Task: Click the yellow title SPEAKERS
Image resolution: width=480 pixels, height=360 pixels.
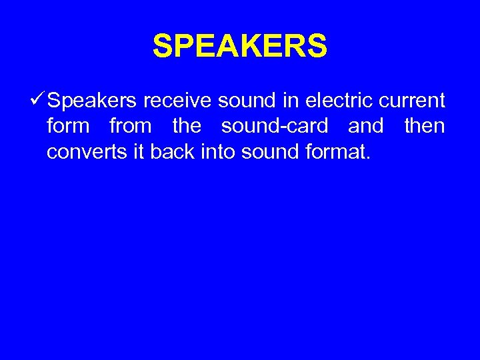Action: pyautogui.click(x=240, y=47)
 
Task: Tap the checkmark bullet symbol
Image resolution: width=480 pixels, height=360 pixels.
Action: pyautogui.click(x=38, y=101)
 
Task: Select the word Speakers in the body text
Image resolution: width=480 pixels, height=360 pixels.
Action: pyautogui.click(x=93, y=101)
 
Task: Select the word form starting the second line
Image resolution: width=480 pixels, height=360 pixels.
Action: pyautogui.click(x=68, y=126)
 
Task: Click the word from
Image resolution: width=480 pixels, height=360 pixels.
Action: pyautogui.click(x=130, y=126)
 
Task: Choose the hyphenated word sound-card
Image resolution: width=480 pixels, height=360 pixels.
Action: pyautogui.click(x=275, y=126)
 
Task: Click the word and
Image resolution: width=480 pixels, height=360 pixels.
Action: pyautogui.click(x=366, y=126)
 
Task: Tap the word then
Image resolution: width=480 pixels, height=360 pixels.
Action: pyautogui.click(x=424, y=126)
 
